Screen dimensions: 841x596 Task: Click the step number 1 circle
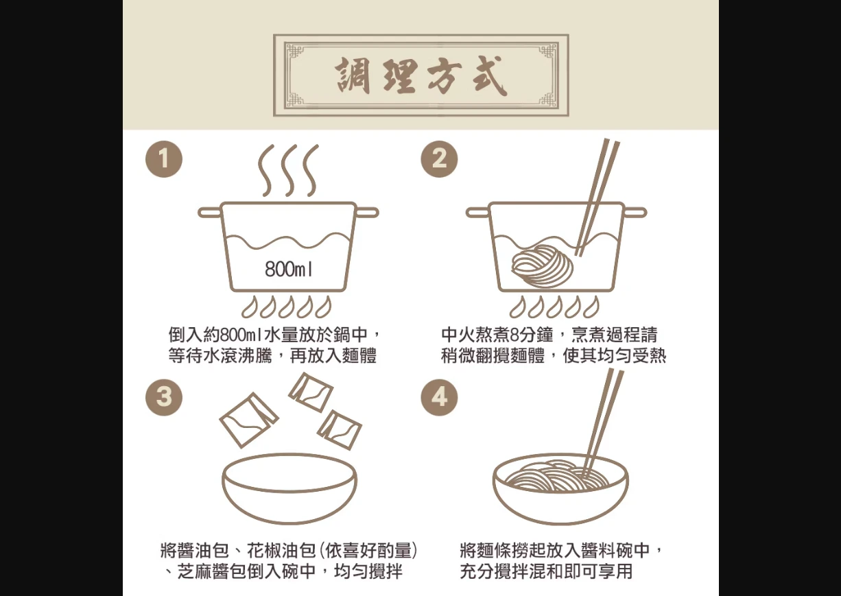tap(164, 159)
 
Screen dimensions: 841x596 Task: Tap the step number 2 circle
tap(439, 159)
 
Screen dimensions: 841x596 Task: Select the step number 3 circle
tap(164, 397)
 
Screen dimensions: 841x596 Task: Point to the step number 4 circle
tap(439, 397)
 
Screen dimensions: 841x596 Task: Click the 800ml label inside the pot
tap(288, 269)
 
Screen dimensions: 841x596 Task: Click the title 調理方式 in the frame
tap(421, 75)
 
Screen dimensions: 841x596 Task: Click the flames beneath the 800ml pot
tap(287, 307)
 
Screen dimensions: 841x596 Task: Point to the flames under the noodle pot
tap(554, 307)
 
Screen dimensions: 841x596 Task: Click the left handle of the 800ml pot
tap(209, 213)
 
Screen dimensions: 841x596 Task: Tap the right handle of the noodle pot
tap(635, 213)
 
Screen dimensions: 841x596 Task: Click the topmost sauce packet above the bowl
tap(311, 392)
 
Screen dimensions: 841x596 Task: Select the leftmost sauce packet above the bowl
tap(249, 420)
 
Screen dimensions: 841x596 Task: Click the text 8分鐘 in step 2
tap(532, 335)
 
